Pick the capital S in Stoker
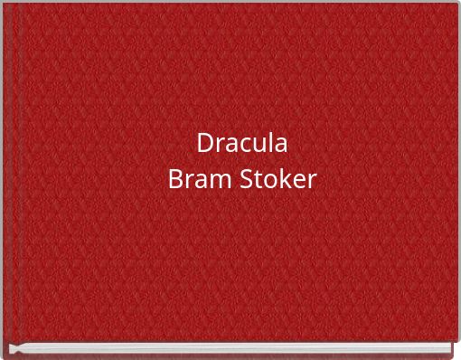[245, 179]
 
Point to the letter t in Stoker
[257, 180]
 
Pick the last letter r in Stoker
[311, 181]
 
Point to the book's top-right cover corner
[456, 4]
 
